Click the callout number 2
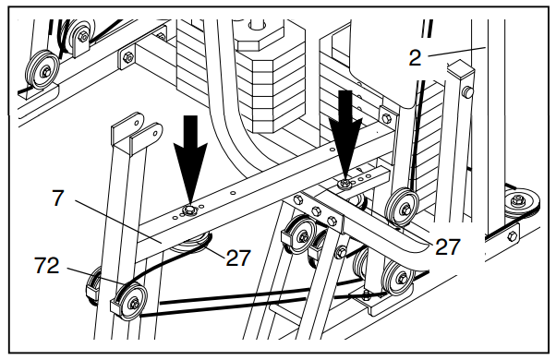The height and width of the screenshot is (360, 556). click(416, 57)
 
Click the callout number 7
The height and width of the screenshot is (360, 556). click(58, 198)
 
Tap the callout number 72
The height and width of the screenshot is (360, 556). click(46, 266)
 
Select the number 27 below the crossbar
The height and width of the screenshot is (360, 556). click(238, 258)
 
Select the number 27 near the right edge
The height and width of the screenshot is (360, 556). click(448, 247)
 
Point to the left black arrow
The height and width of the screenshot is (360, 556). click(190, 161)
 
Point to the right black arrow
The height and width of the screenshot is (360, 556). click(345, 135)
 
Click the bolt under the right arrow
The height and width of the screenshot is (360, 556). click(344, 184)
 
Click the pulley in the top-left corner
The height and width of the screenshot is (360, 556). click(42, 70)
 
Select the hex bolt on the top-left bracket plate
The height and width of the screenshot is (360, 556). click(127, 56)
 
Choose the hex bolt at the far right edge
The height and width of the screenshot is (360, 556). click(513, 236)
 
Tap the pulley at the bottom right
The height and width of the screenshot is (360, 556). click(399, 277)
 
